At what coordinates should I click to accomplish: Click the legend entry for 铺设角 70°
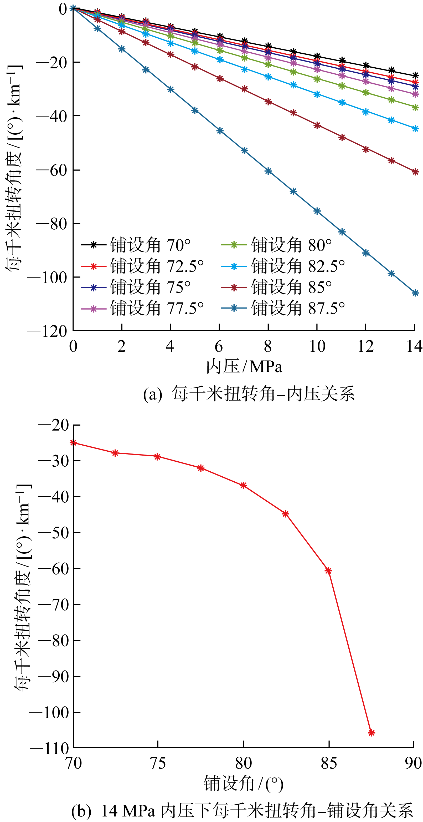coord(150,245)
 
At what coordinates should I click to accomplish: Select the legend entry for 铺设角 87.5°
coord(298,308)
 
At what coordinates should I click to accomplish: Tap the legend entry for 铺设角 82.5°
coord(298,266)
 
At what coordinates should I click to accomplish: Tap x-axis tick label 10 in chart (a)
coord(317,346)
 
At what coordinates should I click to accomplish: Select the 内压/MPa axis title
coord(244,366)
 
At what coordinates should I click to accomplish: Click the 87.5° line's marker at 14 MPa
coord(415,293)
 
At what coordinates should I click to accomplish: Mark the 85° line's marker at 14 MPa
coord(415,172)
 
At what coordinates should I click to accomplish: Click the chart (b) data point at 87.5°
coord(371,733)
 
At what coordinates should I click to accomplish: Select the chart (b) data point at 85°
coord(328,571)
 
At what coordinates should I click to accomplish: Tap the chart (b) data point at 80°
coord(244,485)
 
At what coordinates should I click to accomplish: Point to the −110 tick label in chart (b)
coord(49,748)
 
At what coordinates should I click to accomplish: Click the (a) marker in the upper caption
coord(153,394)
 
